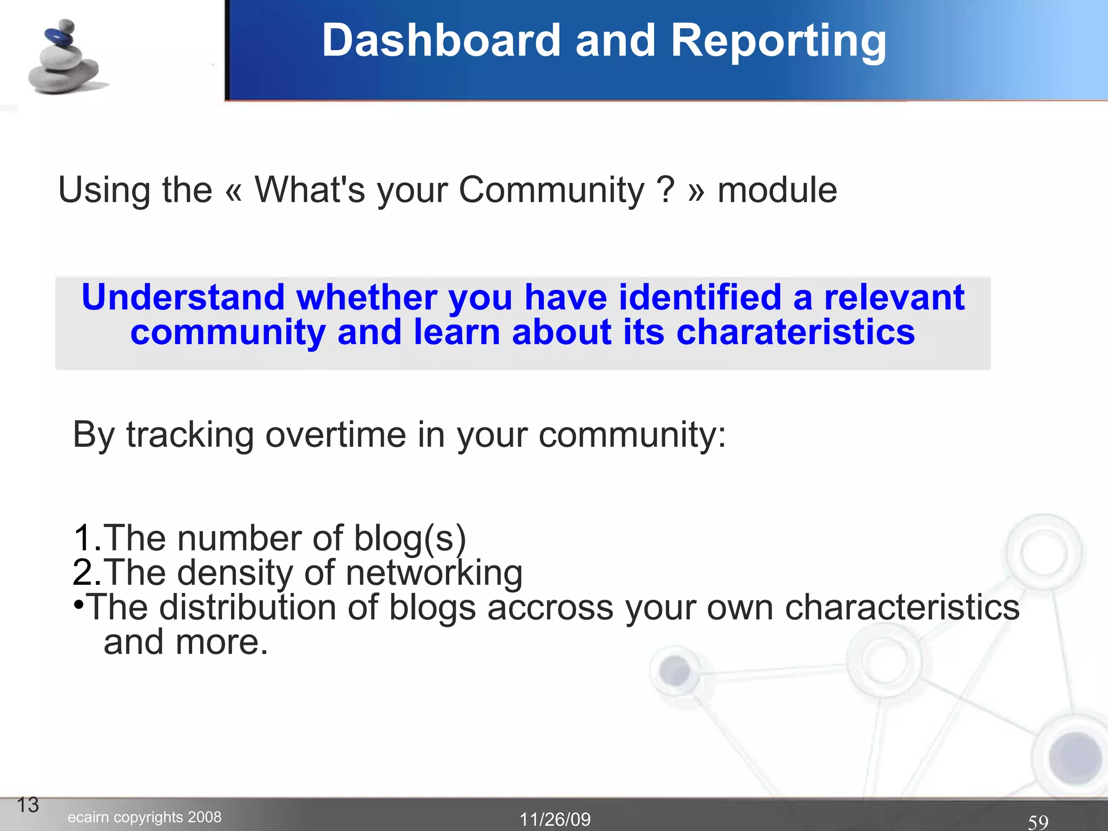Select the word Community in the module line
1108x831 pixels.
pos(551,190)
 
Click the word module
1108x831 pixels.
pos(777,190)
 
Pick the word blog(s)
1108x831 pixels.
pos(410,539)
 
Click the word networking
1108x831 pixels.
pos(434,573)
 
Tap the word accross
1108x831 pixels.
pos(550,607)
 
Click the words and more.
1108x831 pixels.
pos(186,642)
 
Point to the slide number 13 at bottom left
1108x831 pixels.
pos(28,805)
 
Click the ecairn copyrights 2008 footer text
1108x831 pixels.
pos(144,817)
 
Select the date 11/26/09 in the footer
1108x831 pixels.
pos(555,819)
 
